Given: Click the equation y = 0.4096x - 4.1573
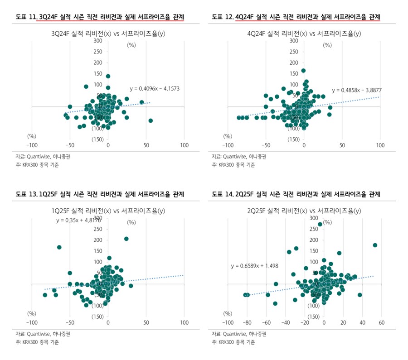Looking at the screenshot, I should (154, 89).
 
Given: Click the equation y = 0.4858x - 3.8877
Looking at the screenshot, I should (356, 90).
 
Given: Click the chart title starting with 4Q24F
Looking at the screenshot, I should (304, 33).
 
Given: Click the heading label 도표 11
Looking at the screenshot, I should (26, 17).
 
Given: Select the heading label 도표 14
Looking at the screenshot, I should (223, 194).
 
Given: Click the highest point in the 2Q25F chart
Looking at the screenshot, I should (320, 224).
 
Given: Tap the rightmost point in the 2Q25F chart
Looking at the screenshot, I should (375, 245).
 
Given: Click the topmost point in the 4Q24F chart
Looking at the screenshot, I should (303, 71).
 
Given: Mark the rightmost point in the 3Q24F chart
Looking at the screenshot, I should (151, 120).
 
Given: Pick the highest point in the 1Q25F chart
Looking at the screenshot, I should (126, 239).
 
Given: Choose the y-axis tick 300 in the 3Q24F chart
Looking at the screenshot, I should (98, 41).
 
